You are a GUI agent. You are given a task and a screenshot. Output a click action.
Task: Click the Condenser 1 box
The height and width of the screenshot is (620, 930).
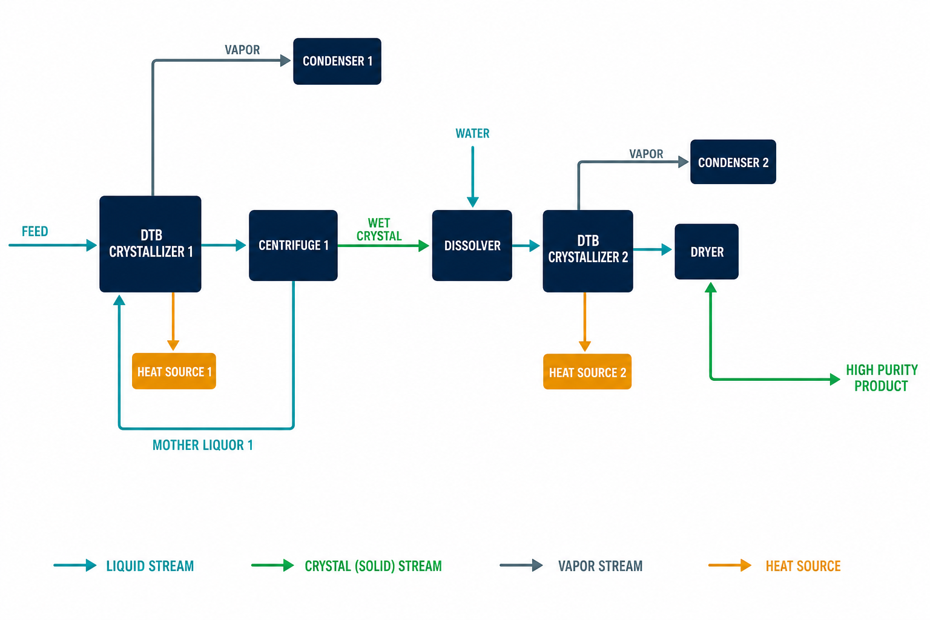[x=337, y=62]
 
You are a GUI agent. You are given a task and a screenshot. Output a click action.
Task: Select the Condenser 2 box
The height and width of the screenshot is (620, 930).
[x=733, y=162]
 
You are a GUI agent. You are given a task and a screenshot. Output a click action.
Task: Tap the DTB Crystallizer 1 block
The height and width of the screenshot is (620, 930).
[x=150, y=244]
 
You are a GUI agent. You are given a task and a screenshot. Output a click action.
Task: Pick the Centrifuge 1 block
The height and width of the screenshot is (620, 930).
[x=293, y=245]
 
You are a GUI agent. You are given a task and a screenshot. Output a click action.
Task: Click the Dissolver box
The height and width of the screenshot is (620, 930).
[x=472, y=245]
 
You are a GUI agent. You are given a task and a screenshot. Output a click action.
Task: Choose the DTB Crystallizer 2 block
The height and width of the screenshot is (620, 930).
[x=588, y=251]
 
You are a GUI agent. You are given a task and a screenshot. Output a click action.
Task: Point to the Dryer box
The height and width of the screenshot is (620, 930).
[x=707, y=252]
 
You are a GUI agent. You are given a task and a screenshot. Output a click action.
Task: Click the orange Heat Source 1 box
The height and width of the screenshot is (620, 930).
[x=174, y=371]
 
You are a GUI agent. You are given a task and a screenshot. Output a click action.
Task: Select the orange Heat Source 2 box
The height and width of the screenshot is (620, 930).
[x=587, y=372]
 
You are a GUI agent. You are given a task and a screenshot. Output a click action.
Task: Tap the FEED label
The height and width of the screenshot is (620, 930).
[x=35, y=231]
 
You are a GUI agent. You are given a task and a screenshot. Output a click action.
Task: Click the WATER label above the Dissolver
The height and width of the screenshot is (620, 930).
[x=472, y=133]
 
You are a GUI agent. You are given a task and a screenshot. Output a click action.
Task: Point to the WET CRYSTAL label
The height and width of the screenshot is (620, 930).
[x=379, y=229]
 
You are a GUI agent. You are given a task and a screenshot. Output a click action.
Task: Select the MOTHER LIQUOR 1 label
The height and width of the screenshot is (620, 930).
[x=203, y=445]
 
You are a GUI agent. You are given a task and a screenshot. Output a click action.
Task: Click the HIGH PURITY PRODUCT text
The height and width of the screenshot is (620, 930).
[x=882, y=378]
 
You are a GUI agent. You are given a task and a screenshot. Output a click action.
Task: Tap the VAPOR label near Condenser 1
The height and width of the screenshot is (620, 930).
[x=242, y=50]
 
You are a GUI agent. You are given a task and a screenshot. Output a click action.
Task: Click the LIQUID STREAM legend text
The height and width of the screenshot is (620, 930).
[x=150, y=566]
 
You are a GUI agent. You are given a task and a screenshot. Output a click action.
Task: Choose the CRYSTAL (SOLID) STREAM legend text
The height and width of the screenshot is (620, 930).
[x=373, y=566]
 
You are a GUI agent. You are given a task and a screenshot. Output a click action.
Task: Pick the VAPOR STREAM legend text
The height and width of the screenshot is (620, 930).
[x=601, y=566]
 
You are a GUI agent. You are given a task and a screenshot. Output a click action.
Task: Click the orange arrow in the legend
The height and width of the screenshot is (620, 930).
[x=730, y=565]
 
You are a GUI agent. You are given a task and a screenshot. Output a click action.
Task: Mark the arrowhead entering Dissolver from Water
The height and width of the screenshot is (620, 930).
[x=473, y=202]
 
